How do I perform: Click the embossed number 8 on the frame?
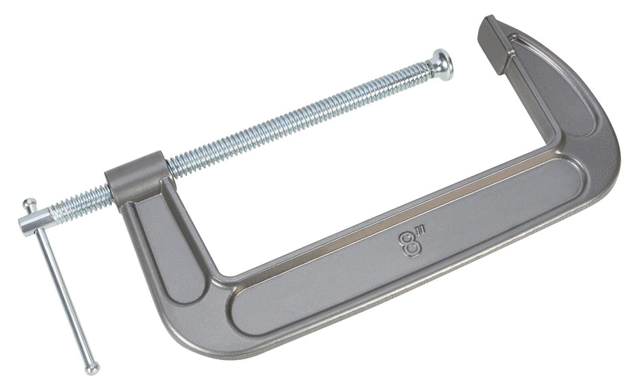(x=409, y=244)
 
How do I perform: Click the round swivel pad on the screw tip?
(x=443, y=65)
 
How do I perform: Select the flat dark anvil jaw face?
(x=493, y=44)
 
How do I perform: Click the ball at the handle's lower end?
(x=92, y=368)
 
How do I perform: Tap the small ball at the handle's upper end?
(x=29, y=203)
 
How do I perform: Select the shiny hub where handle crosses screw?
(x=36, y=223)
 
